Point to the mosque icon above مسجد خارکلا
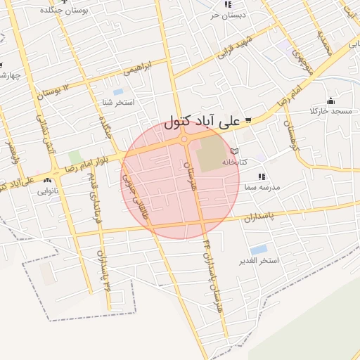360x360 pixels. (x=330, y=101)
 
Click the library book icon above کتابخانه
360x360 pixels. (x=235, y=151)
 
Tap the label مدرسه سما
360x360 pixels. (x=261, y=188)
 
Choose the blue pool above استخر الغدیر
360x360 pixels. (x=259, y=250)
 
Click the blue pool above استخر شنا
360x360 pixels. (x=117, y=92)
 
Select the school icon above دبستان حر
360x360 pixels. (x=226, y=4)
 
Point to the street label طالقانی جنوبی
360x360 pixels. (x=136, y=196)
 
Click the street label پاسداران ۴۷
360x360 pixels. (x=103, y=270)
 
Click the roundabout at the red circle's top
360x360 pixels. (x=184, y=139)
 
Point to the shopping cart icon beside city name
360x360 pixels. (x=247, y=120)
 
